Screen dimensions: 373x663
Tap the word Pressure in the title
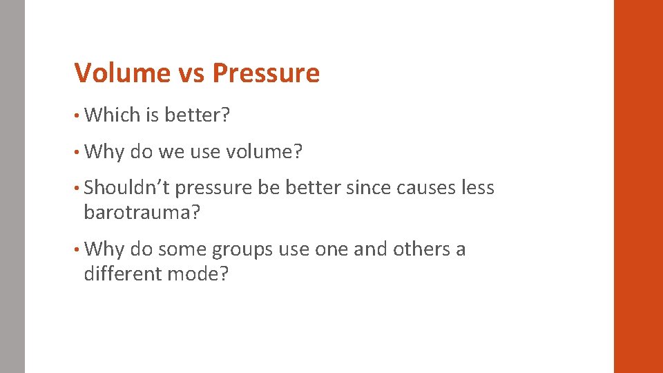tap(266, 73)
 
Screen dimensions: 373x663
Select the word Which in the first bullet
tap(112, 115)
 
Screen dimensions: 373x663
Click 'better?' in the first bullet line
tap(197, 115)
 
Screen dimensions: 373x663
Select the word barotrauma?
tap(142, 213)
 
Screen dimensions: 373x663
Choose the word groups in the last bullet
tap(242, 249)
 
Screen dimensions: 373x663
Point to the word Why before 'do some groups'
tap(104, 249)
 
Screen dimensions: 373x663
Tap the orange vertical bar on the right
tap(637, 186)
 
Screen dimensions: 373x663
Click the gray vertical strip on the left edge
tap(12, 186)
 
